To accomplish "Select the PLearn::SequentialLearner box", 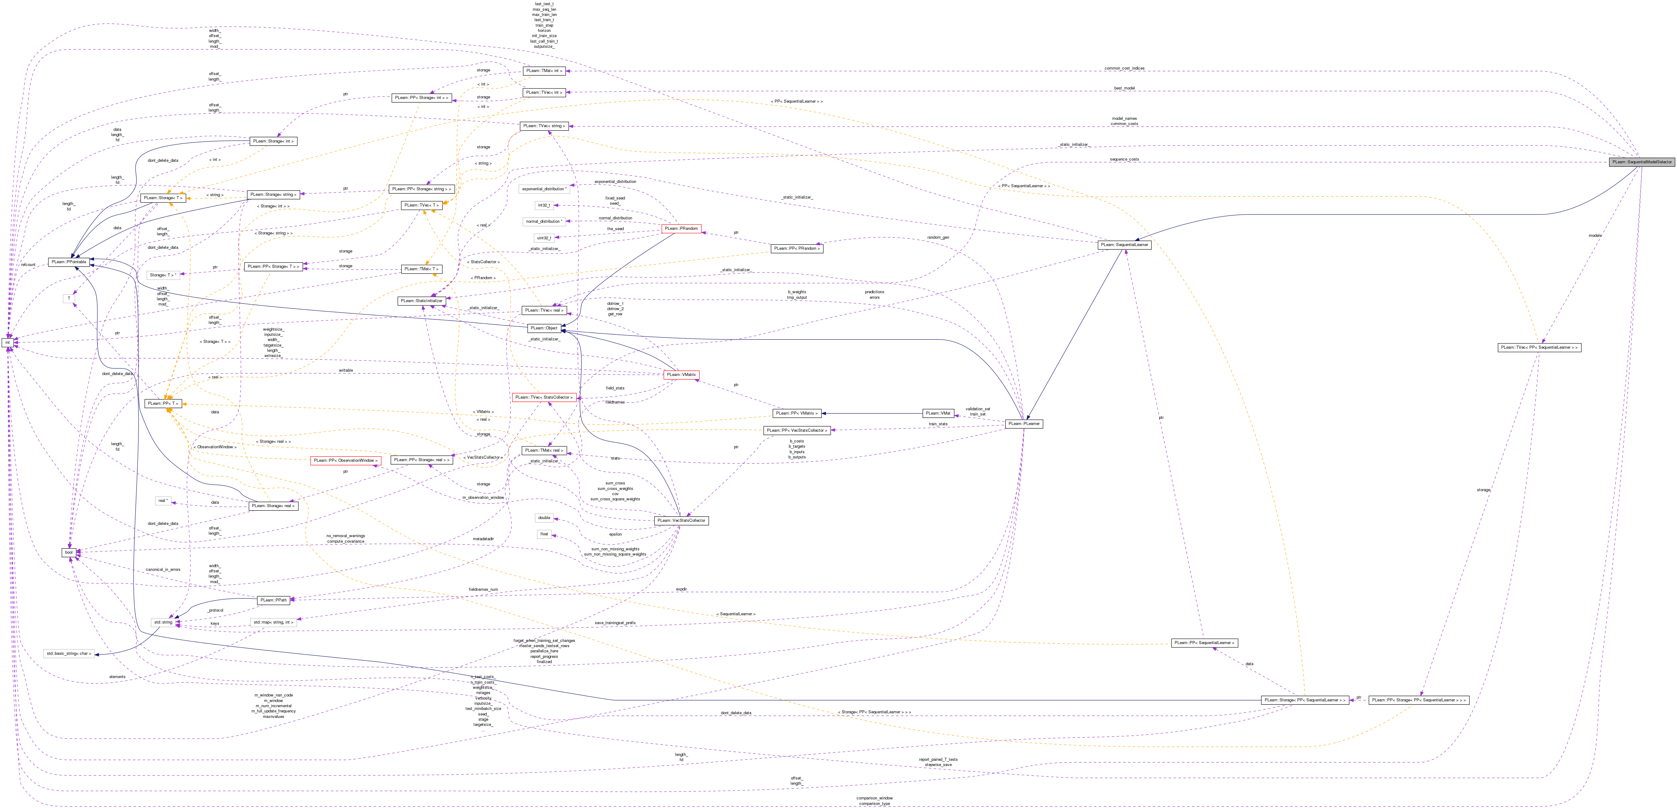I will pos(1124,245).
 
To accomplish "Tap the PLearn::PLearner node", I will pos(1023,424).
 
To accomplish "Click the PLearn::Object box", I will pos(543,328).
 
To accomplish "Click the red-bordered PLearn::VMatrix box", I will pos(681,374).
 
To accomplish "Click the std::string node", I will pos(163,622).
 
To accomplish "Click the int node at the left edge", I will pos(8,343).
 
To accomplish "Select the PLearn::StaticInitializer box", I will pos(421,301).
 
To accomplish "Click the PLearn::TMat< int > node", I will pos(544,71).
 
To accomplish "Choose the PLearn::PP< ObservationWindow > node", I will pos(345,460).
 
